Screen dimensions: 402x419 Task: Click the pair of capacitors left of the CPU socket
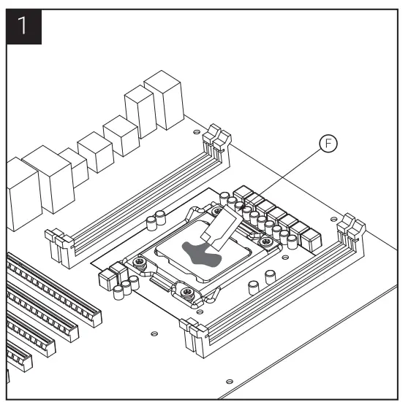(x=155, y=222)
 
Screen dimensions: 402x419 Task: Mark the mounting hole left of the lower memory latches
(x=153, y=334)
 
